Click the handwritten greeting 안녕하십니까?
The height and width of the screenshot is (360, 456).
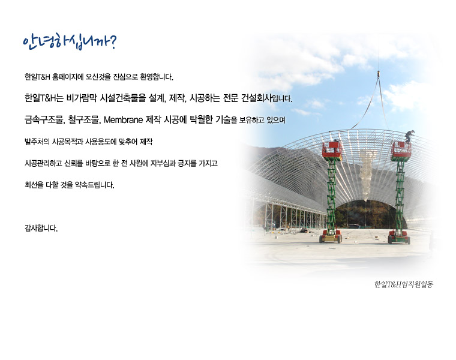(70, 43)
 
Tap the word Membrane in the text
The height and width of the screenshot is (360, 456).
(124, 120)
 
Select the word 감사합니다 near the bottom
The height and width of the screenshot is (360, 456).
(41, 228)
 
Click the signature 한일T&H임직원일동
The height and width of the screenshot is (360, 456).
(403, 284)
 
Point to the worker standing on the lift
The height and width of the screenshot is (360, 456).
(410, 136)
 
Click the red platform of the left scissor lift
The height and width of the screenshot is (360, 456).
(332, 151)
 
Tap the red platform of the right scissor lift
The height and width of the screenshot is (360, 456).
(401, 151)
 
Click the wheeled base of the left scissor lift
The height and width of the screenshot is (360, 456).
(331, 236)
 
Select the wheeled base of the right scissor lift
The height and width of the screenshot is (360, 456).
(399, 237)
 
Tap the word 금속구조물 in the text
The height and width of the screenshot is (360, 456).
(45, 120)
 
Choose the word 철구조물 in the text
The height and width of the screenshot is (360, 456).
(85, 120)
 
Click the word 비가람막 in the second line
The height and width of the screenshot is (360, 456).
(82, 98)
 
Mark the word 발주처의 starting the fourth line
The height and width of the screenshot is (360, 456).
(37, 142)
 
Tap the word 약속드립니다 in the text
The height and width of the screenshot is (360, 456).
(95, 185)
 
